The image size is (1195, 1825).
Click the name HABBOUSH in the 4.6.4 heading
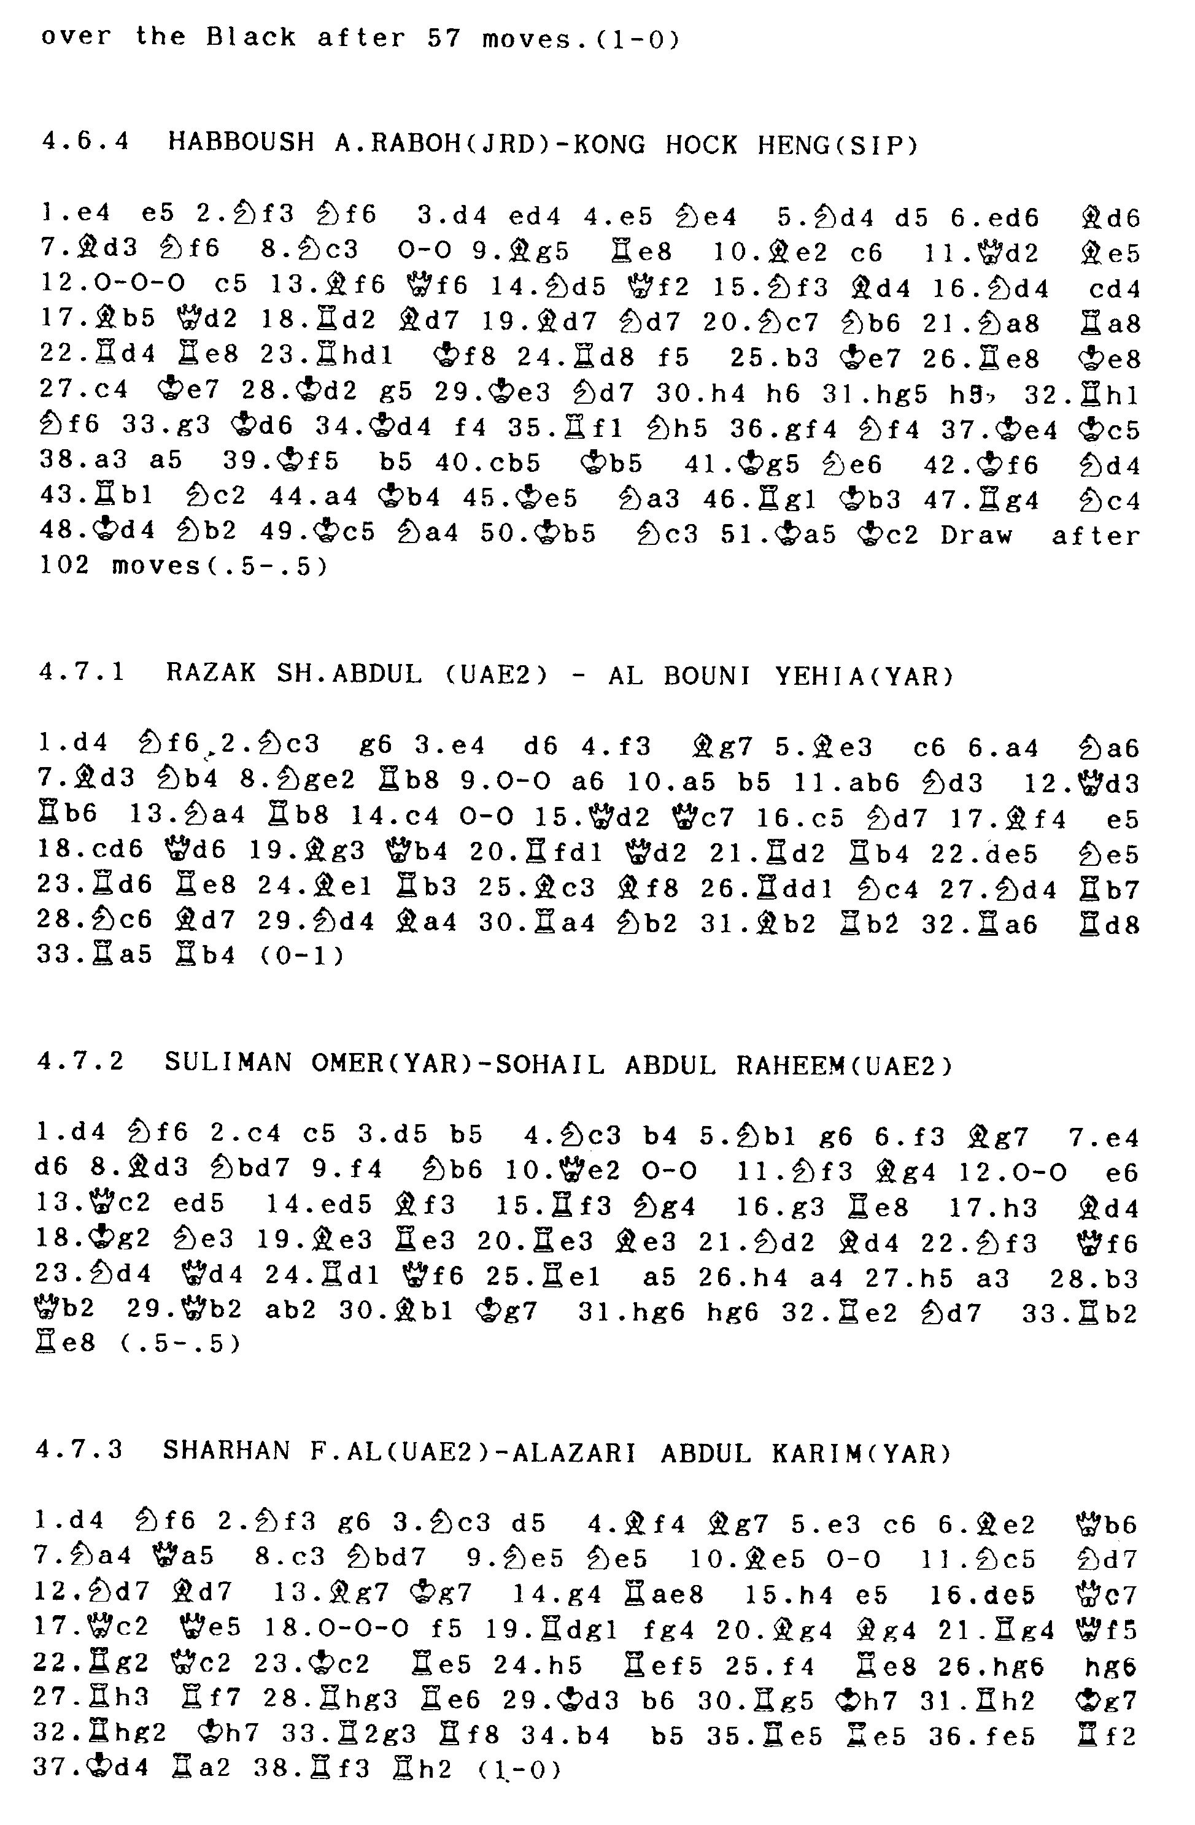coord(241,144)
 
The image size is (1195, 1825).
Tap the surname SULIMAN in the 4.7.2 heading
coord(228,1063)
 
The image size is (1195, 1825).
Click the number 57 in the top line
coord(445,37)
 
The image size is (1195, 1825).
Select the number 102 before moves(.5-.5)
coord(64,566)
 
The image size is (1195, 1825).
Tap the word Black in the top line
coord(251,37)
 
